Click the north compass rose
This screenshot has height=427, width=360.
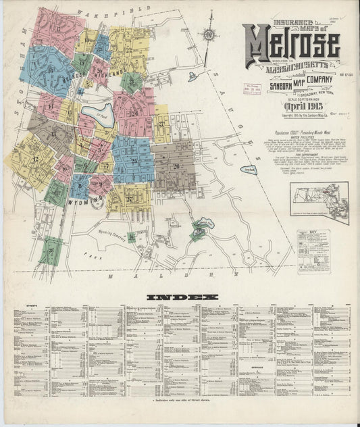point(209,35)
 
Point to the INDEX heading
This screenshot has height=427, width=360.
point(182,297)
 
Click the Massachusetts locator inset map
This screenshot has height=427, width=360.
point(319,201)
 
